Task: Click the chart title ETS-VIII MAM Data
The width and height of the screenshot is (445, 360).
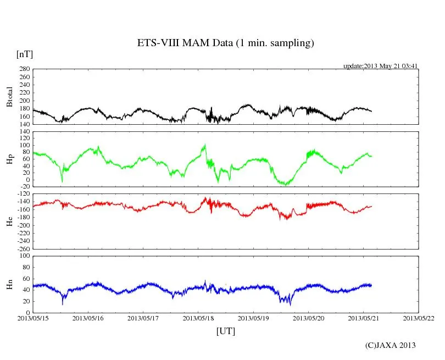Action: coord(225,43)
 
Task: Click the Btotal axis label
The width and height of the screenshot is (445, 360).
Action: coord(9,97)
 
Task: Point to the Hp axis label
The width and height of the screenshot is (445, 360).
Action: coord(9,159)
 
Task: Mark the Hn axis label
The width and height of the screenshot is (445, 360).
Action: coord(9,284)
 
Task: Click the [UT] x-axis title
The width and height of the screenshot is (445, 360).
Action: coord(225,331)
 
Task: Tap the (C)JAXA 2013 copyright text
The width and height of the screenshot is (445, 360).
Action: coord(390,345)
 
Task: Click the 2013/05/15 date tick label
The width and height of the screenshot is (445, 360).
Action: coord(33,318)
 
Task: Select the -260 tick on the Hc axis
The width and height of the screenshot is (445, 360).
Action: coord(23,248)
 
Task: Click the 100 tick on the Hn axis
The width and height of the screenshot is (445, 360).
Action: coord(24,256)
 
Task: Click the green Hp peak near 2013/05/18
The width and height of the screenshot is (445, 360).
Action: coord(205,145)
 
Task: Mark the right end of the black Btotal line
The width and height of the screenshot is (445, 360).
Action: coord(371,111)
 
